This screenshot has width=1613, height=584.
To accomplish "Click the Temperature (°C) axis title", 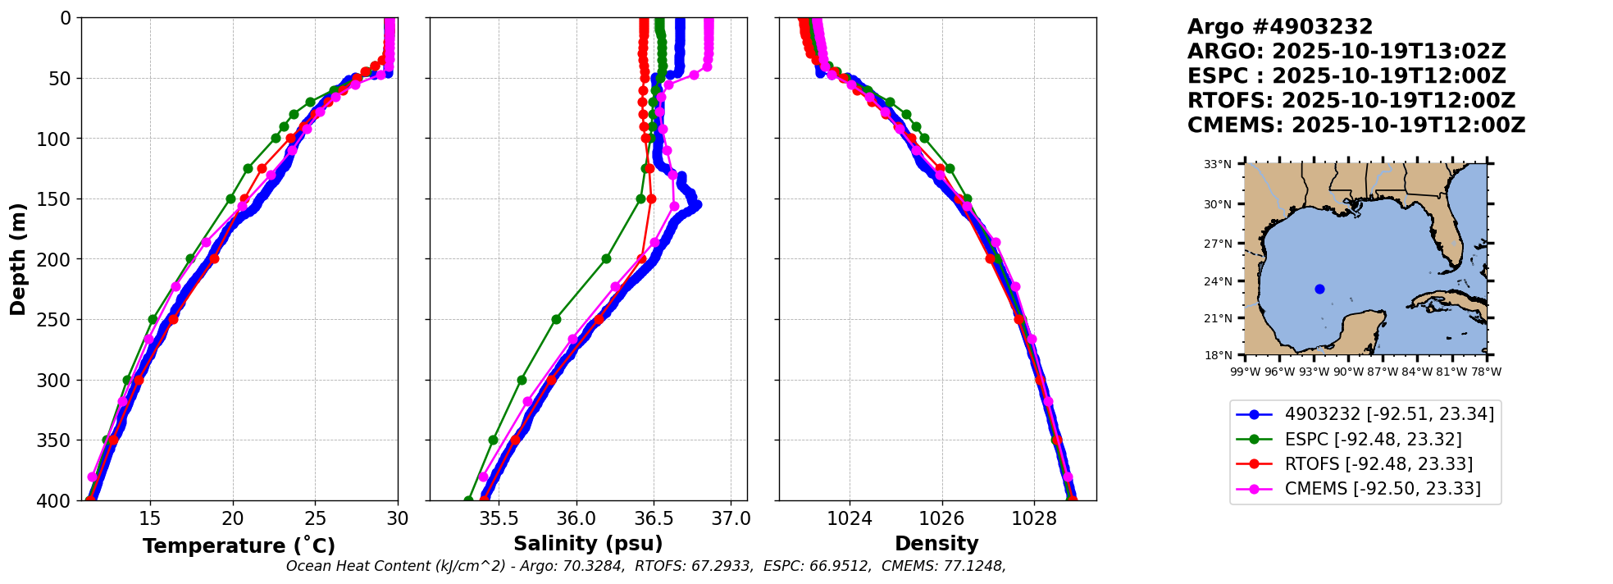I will point(239,545).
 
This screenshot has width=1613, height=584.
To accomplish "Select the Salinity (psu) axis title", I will point(588,544).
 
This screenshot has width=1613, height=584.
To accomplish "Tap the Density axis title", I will point(936,544).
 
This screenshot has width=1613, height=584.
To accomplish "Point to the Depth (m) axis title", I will point(18,258).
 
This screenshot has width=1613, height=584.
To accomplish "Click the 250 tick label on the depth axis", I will point(55,320).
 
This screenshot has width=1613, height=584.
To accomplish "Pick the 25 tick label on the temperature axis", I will point(316,519).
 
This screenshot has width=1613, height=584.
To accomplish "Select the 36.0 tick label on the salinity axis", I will point(576,519).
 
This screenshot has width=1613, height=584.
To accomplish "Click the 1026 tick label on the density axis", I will point(941,519).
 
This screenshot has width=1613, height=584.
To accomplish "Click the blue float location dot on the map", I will point(1319,289).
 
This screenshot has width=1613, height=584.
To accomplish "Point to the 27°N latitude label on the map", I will point(1218,244).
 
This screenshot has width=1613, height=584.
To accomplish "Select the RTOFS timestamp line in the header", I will point(1351,101).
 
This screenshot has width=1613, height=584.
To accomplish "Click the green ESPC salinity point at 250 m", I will point(556,319).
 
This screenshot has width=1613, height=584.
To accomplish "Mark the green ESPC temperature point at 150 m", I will point(230,198).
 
